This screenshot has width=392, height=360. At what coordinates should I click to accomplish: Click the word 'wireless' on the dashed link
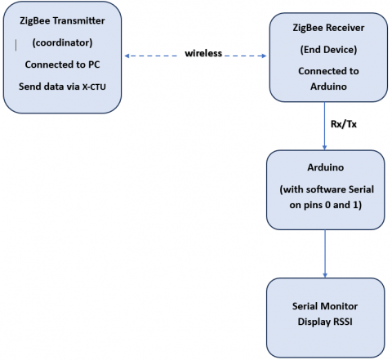tap(203, 53)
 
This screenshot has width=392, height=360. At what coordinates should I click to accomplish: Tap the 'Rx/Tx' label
tap(344, 124)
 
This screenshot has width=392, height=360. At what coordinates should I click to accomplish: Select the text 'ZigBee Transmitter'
tap(62, 20)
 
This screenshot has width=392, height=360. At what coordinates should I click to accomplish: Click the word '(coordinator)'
tap(62, 42)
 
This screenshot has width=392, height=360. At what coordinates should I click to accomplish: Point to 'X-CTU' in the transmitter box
tap(94, 87)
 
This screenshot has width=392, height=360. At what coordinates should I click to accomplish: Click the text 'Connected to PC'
tap(62, 64)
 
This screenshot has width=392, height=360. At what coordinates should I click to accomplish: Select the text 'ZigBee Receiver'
tap(328, 28)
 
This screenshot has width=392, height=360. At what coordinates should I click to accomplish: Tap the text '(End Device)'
tap(328, 50)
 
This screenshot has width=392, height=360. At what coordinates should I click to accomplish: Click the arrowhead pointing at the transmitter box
tap(127, 56)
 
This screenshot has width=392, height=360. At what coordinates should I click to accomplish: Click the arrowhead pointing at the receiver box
tap(264, 56)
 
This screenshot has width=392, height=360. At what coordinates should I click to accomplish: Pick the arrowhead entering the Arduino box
tap(324, 148)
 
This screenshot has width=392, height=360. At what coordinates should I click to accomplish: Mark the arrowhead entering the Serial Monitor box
tap(325, 275)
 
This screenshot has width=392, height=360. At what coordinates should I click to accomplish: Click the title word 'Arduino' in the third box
tap(326, 167)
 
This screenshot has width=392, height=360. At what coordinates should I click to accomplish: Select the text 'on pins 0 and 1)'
tap(326, 205)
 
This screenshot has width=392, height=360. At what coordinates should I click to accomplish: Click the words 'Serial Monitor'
tap(325, 306)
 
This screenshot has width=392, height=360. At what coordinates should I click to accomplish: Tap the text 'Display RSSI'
tap(325, 322)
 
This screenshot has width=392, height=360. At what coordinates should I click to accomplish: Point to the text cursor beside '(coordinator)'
tap(16, 45)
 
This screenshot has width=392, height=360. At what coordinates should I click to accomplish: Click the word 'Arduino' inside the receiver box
tap(328, 87)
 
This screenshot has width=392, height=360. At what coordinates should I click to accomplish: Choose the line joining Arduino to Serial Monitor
tap(325, 254)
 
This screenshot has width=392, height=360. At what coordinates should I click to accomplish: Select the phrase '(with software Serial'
tap(327, 189)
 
